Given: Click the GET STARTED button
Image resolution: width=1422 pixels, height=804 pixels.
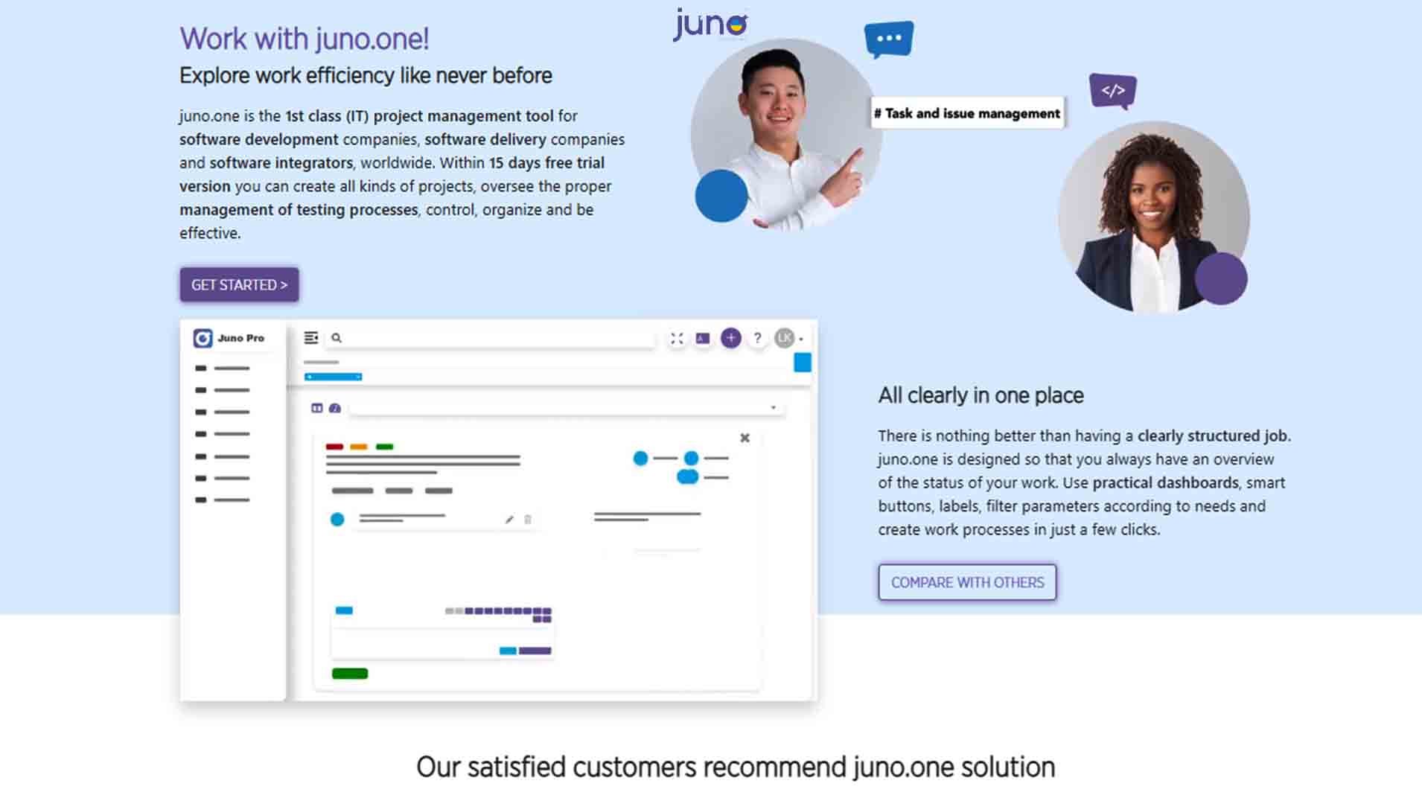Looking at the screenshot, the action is point(239,284).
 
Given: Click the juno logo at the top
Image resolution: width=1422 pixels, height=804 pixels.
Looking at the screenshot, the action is point(710,25).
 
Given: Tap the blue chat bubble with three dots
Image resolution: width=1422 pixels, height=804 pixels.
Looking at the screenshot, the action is point(889,39).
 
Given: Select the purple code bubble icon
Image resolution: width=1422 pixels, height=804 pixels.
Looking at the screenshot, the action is point(1113,91).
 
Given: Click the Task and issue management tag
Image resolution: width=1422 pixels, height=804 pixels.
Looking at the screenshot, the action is point(967,113).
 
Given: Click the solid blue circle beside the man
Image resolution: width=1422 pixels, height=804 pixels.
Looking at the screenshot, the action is point(721,196).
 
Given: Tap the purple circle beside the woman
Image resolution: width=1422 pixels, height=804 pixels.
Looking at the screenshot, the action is point(1221,278).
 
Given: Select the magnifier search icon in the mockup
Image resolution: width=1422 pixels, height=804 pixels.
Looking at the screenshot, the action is point(337,338).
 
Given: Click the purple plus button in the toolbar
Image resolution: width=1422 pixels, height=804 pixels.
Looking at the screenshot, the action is point(731,338).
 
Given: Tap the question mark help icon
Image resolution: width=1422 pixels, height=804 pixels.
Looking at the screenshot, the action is point(757,338).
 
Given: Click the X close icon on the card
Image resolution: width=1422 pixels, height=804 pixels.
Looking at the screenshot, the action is point(745,438).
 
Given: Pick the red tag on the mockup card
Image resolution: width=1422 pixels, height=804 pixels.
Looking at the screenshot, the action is point(334,447).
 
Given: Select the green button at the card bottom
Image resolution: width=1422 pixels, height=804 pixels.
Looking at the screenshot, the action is point(350,674).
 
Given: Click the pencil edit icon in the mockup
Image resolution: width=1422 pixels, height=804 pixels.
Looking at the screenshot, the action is point(509,520).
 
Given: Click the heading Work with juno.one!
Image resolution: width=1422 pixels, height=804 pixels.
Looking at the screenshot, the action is point(305,39).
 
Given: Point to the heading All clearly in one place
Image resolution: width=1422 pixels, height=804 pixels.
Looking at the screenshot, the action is point(981,395).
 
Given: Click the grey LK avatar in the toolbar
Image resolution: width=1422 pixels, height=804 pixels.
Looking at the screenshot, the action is point(785,338).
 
